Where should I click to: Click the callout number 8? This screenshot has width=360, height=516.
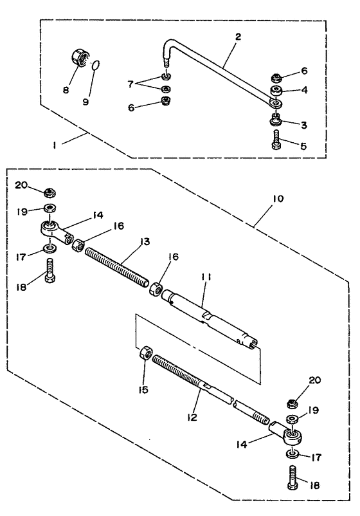66,89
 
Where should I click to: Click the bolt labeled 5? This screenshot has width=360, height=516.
276,140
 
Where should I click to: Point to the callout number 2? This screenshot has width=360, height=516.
238,36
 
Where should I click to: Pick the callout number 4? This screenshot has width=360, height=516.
304,89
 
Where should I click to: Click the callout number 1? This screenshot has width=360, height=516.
55,145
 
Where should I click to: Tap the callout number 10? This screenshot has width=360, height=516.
278,199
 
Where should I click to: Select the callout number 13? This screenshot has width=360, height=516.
144,241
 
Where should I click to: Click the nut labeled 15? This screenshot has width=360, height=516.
147,353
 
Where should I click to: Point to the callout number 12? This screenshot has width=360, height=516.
192,417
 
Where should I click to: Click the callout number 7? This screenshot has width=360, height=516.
130,84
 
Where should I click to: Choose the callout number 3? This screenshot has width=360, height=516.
303,125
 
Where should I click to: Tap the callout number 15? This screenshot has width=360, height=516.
143,390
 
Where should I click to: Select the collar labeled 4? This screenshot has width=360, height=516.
276,91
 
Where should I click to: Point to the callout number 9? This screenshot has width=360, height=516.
85,102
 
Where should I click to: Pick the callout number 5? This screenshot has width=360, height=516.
303,145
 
